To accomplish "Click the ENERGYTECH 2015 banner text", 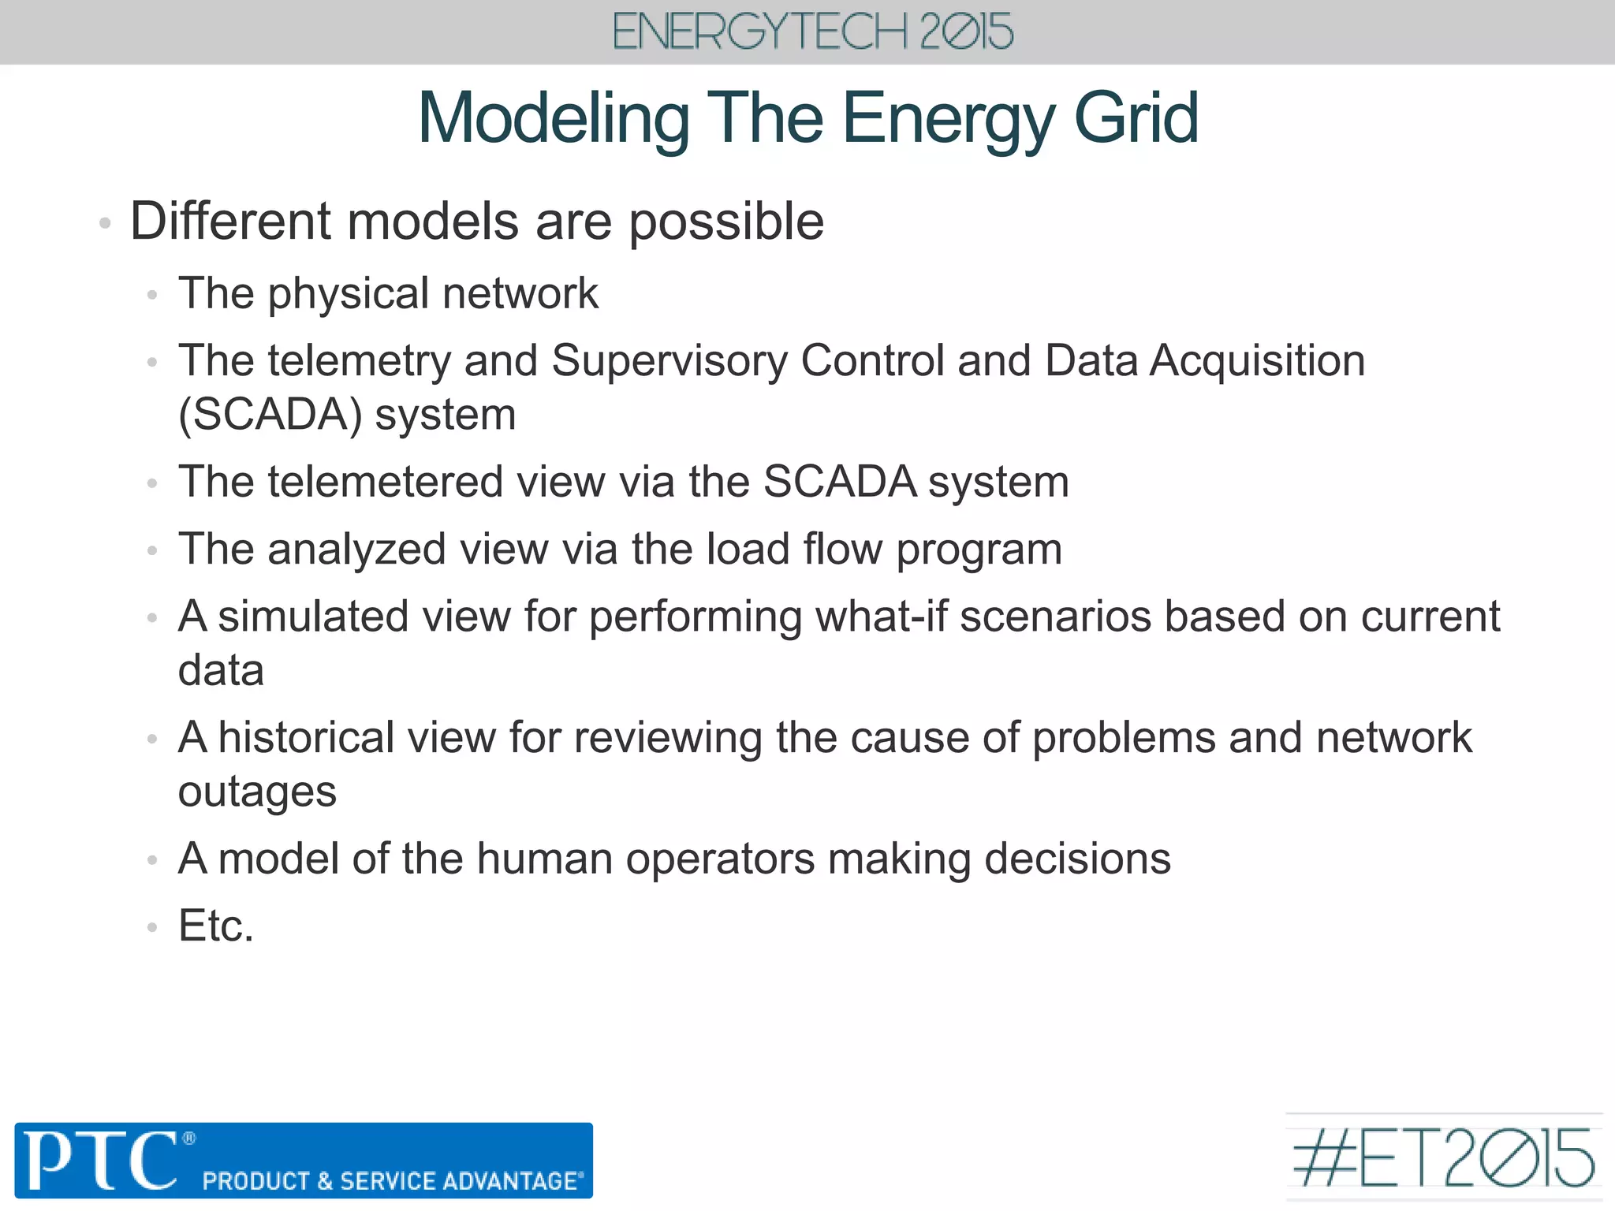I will click(812, 32).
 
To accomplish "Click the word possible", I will click(725, 222).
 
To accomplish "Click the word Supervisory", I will click(669, 361).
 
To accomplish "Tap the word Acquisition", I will click(1257, 361).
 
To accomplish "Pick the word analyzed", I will click(356, 550).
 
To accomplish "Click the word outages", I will click(257, 792).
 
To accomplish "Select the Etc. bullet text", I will click(216, 926).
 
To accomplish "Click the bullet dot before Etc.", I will click(152, 928).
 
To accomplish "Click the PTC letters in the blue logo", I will click(100, 1161).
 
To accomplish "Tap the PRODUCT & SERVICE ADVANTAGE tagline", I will click(392, 1181).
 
